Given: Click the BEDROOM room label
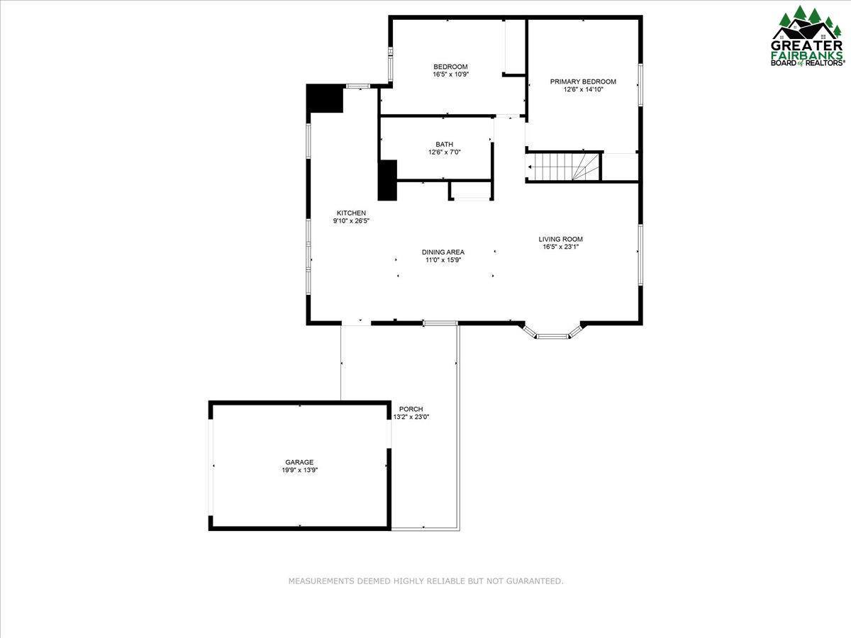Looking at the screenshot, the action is point(450,67).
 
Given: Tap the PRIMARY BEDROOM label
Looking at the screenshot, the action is point(583,82).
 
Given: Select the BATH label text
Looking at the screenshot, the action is point(445,145).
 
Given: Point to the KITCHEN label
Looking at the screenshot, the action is point(351,213).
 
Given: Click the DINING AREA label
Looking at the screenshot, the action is point(443,252).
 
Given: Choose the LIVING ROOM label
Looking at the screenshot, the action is point(561,239).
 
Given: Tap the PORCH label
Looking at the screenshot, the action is point(411,409).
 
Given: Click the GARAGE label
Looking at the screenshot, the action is point(299,462).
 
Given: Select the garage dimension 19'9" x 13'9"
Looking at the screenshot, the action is point(300,470).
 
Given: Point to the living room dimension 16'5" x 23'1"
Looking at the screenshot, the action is point(561,247).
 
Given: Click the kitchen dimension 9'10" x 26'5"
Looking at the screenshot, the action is point(351,221).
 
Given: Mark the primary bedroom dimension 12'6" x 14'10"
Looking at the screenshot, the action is point(583,89).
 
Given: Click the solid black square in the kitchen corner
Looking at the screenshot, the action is point(326,99).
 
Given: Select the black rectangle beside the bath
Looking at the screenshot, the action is point(387,180).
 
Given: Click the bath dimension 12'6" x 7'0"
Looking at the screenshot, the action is point(445,152).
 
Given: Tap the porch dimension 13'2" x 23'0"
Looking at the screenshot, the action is point(411,418).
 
